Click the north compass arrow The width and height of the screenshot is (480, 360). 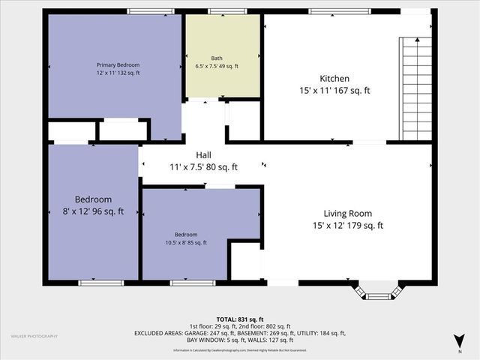click(459, 342)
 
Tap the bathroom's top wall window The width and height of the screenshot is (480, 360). click(222, 11)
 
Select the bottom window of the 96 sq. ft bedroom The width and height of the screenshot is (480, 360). click(100, 283)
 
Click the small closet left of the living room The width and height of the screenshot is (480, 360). click(245, 261)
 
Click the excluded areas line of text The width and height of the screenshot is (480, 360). click(240, 332)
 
